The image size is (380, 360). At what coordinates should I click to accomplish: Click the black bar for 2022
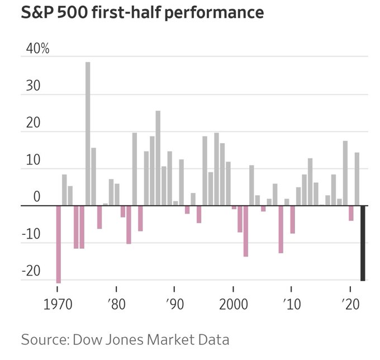click(x=363, y=243)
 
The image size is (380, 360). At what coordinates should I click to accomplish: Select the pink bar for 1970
click(x=58, y=244)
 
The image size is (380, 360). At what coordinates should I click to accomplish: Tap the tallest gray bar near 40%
click(x=88, y=134)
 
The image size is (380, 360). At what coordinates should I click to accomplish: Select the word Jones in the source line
click(x=141, y=339)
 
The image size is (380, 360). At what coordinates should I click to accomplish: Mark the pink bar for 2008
click(x=281, y=229)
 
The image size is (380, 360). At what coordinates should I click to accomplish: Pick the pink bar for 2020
click(x=351, y=213)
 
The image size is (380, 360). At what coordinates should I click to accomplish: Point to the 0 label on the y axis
click(x=36, y=197)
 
